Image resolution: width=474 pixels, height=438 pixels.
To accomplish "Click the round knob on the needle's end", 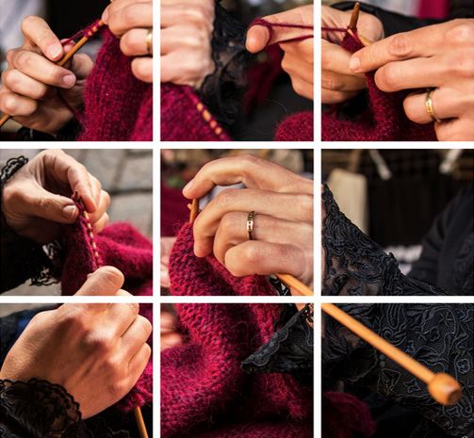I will [x=444, y=387].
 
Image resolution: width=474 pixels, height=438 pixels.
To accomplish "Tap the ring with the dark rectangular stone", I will [x=250, y=224].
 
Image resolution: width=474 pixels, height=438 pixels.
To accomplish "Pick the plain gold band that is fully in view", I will [x=430, y=105].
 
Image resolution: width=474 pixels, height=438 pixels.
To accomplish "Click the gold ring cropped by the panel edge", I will [x=149, y=41].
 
